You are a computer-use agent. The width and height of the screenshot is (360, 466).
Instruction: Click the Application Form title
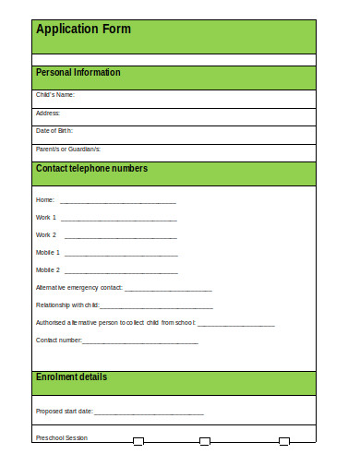tap(83, 29)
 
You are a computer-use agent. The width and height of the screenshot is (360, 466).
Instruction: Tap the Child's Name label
tap(54, 95)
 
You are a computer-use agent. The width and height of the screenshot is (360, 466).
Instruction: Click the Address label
tap(48, 114)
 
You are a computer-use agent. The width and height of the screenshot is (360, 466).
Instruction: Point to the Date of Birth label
tap(54, 131)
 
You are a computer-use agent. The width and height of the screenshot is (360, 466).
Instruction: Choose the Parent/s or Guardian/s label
tap(68, 149)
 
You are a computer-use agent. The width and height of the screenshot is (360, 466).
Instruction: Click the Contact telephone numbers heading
tap(91, 169)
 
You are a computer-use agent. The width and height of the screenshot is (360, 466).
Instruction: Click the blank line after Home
tap(118, 202)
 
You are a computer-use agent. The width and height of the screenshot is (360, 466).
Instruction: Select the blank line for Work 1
tap(118, 220)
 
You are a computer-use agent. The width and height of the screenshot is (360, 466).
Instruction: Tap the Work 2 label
tap(46, 235)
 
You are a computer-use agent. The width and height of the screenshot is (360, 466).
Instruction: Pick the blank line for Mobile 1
tap(121, 254)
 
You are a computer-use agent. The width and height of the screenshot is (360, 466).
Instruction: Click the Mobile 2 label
tap(48, 270)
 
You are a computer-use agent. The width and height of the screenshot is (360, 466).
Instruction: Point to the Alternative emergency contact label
tap(78, 288)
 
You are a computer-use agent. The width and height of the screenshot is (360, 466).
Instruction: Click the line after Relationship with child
tap(156, 306)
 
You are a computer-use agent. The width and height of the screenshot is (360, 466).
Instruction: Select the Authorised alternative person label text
tap(115, 323)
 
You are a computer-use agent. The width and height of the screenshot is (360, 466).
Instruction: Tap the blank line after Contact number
tap(140, 342)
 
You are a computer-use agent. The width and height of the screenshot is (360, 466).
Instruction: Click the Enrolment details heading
tap(71, 377)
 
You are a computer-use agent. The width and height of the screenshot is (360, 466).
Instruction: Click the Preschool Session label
tap(62, 437)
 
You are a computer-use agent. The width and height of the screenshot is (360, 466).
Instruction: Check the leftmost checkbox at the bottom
tap(138, 441)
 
